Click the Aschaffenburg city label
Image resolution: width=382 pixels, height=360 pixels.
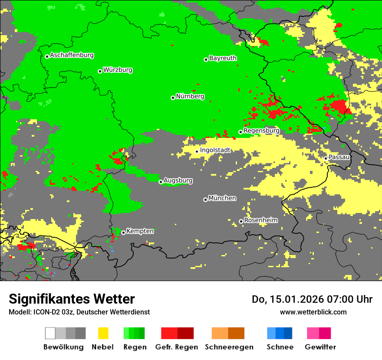click(72, 55)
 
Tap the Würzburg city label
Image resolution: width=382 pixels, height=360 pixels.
click(118, 70)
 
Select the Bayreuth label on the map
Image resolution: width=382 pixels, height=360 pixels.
click(223, 58)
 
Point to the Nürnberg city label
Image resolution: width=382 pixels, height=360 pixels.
click(190, 96)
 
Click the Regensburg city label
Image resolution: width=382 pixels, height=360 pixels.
click(261, 131)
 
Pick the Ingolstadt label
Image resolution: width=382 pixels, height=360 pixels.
click(215, 150)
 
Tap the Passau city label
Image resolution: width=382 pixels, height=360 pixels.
click(339, 157)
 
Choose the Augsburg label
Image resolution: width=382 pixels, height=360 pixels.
click(178, 180)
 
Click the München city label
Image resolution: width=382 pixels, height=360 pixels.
click(222, 198)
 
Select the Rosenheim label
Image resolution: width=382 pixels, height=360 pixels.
click(260, 220)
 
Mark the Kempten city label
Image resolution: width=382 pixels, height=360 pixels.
click(140, 231)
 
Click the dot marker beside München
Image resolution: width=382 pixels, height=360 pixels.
click(205, 200)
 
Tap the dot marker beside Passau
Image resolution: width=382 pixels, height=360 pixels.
click(326, 158)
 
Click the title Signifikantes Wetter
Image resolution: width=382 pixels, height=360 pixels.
click(72, 299)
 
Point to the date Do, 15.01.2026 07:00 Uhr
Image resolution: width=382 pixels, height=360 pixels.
click(312, 299)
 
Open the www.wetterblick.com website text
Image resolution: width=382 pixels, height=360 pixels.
click(313, 312)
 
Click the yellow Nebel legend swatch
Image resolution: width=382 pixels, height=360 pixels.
click(103, 333)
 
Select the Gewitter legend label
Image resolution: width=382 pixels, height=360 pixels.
click(320, 347)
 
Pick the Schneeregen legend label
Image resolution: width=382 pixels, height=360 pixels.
click(229, 347)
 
